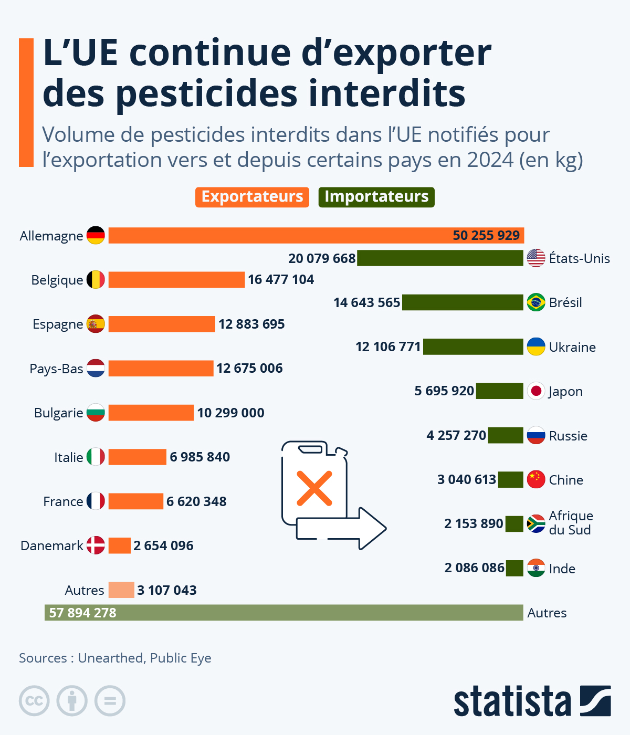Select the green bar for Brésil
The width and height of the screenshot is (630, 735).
tap(463, 302)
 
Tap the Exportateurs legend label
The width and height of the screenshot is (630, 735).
tap(252, 197)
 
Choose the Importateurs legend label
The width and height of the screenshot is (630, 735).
tap(376, 197)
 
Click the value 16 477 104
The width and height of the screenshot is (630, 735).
tap(281, 280)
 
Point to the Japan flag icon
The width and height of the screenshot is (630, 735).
tap(536, 391)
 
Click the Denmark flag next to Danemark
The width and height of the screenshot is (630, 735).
tap(96, 545)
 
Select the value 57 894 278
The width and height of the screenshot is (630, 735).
tap(82, 613)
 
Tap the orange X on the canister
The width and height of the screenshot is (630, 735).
tap(314, 488)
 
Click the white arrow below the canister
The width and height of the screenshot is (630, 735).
tap(341, 528)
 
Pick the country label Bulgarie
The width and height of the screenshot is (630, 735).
tap(58, 413)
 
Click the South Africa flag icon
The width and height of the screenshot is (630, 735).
tap(536, 523)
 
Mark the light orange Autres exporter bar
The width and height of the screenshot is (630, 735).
tap(121, 590)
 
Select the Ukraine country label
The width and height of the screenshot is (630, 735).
tap(572, 348)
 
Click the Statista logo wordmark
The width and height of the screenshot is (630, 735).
tap(512, 701)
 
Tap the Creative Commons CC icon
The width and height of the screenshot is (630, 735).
tap(34, 701)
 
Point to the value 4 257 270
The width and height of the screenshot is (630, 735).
tap(456, 436)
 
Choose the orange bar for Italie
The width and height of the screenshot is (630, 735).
tap(137, 457)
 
